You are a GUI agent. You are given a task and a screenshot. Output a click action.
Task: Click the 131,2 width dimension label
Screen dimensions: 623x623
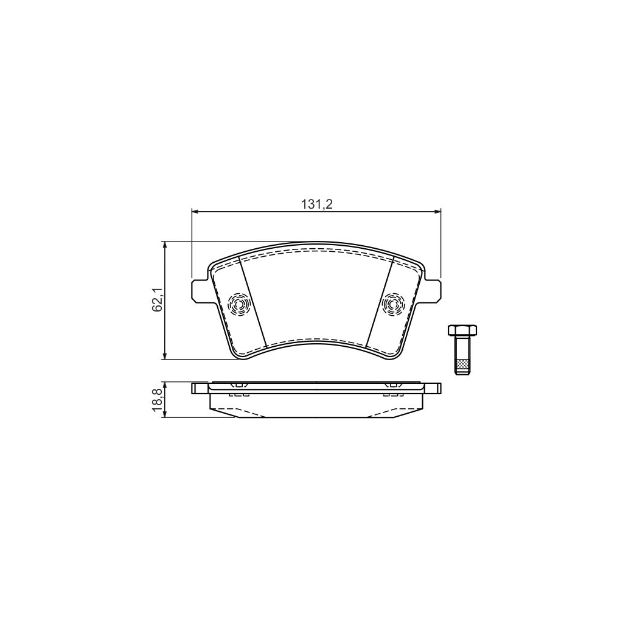click(x=316, y=204)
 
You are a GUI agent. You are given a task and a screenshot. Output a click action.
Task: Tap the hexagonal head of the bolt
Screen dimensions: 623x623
click(x=462, y=330)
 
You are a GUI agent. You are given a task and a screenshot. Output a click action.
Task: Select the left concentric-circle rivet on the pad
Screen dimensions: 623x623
click(x=238, y=305)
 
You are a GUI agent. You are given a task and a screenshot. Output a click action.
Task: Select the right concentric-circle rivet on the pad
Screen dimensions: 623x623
click(x=393, y=305)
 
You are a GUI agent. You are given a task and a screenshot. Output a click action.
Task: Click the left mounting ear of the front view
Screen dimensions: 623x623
click(x=200, y=290)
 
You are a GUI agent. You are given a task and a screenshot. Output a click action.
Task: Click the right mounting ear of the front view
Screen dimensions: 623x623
click(x=432, y=290)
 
